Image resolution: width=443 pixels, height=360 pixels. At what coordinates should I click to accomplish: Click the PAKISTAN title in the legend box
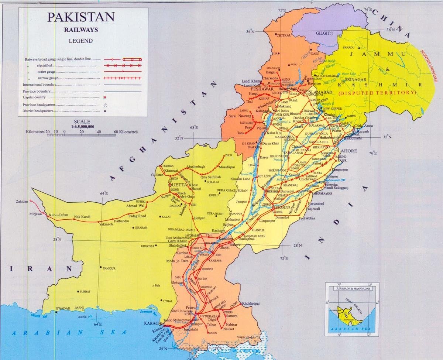point(80,17)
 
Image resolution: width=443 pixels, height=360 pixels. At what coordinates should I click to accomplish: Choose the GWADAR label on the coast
point(63,308)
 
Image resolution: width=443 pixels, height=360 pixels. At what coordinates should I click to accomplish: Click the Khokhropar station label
point(251,303)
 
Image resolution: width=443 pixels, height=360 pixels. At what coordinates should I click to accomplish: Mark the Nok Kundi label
point(82,217)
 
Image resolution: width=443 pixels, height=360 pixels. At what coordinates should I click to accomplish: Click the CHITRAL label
point(284,35)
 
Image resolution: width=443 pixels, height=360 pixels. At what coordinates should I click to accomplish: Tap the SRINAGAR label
point(355,80)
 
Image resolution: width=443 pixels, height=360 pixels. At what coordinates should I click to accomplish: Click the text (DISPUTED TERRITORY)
point(377,93)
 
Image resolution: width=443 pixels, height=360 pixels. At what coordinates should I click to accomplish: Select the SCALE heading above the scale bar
point(82,121)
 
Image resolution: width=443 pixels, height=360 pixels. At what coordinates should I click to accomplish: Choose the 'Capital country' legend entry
point(34,97)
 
